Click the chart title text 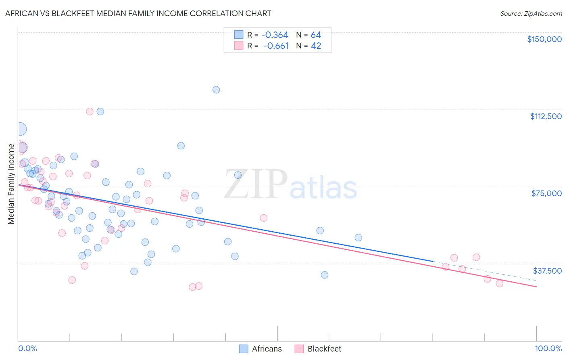pyautogui.click(x=138, y=13)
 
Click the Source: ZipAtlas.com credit pyautogui.click(x=531, y=13)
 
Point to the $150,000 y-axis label pyautogui.click(x=544, y=39)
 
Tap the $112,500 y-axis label pyautogui.click(x=546, y=116)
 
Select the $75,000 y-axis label pyautogui.click(x=546, y=193)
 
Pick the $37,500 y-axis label pyautogui.click(x=547, y=271)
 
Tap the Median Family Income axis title pyautogui.click(x=11, y=184)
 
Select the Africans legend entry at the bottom pyautogui.click(x=261, y=349)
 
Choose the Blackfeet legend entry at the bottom pyautogui.click(x=318, y=349)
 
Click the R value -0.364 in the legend pyautogui.click(x=275, y=35)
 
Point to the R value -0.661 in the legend pyautogui.click(x=275, y=46)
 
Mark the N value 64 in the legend pyautogui.click(x=316, y=35)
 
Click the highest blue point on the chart pyautogui.click(x=216, y=90)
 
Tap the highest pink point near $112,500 pyautogui.click(x=90, y=111)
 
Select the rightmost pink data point pyautogui.click(x=499, y=283)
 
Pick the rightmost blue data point pyautogui.click(x=358, y=238)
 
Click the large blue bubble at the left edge pyautogui.click(x=19, y=129)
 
